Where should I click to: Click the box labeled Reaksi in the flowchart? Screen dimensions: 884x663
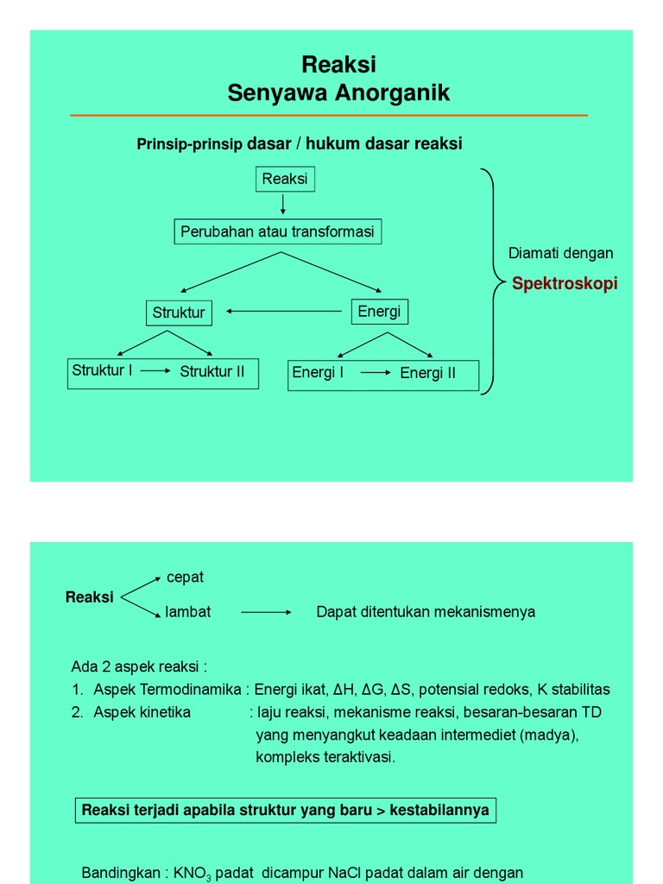(x=285, y=179)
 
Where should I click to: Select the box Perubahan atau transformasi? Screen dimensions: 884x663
(x=277, y=232)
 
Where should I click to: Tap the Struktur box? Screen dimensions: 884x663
(x=179, y=313)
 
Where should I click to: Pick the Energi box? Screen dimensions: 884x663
(x=379, y=312)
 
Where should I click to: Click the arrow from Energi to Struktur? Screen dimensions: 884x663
(x=285, y=312)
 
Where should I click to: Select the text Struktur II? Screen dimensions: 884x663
(x=212, y=372)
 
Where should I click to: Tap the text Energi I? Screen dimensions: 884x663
(x=318, y=373)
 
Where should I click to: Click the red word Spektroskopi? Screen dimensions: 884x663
(x=565, y=284)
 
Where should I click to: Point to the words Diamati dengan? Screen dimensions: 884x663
(x=561, y=253)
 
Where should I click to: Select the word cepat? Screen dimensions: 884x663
(x=185, y=577)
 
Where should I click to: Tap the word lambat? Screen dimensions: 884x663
(x=188, y=612)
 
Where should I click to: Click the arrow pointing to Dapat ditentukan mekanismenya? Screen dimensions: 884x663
(x=266, y=612)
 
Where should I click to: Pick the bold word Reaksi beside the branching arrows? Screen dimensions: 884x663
(x=90, y=597)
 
